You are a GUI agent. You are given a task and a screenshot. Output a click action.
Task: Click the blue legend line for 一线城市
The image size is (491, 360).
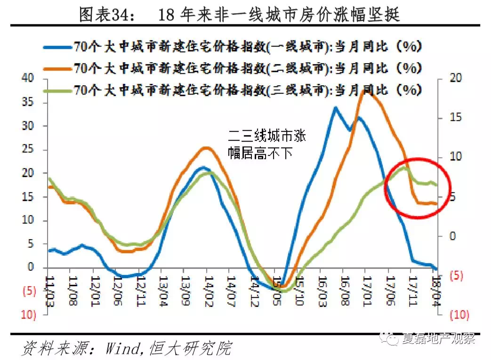pos(57,47)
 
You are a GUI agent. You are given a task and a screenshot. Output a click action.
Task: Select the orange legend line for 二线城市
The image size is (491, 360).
pos(57,69)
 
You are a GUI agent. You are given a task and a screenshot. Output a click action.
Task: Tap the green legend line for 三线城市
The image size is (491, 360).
pos(57,89)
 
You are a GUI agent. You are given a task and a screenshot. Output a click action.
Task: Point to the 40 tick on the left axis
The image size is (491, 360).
pos(29,79)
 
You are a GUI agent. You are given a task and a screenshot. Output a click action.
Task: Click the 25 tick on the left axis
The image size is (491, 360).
pos(29,150)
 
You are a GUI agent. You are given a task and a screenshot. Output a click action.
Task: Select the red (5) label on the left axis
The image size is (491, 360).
pos(29,291)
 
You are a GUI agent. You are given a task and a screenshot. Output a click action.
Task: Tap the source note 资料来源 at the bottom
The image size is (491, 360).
pos(127,348)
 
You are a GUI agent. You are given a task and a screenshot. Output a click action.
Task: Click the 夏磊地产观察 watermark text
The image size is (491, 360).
pos(438,339)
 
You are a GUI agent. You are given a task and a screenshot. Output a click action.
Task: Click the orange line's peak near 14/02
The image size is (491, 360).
pos(206,148)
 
